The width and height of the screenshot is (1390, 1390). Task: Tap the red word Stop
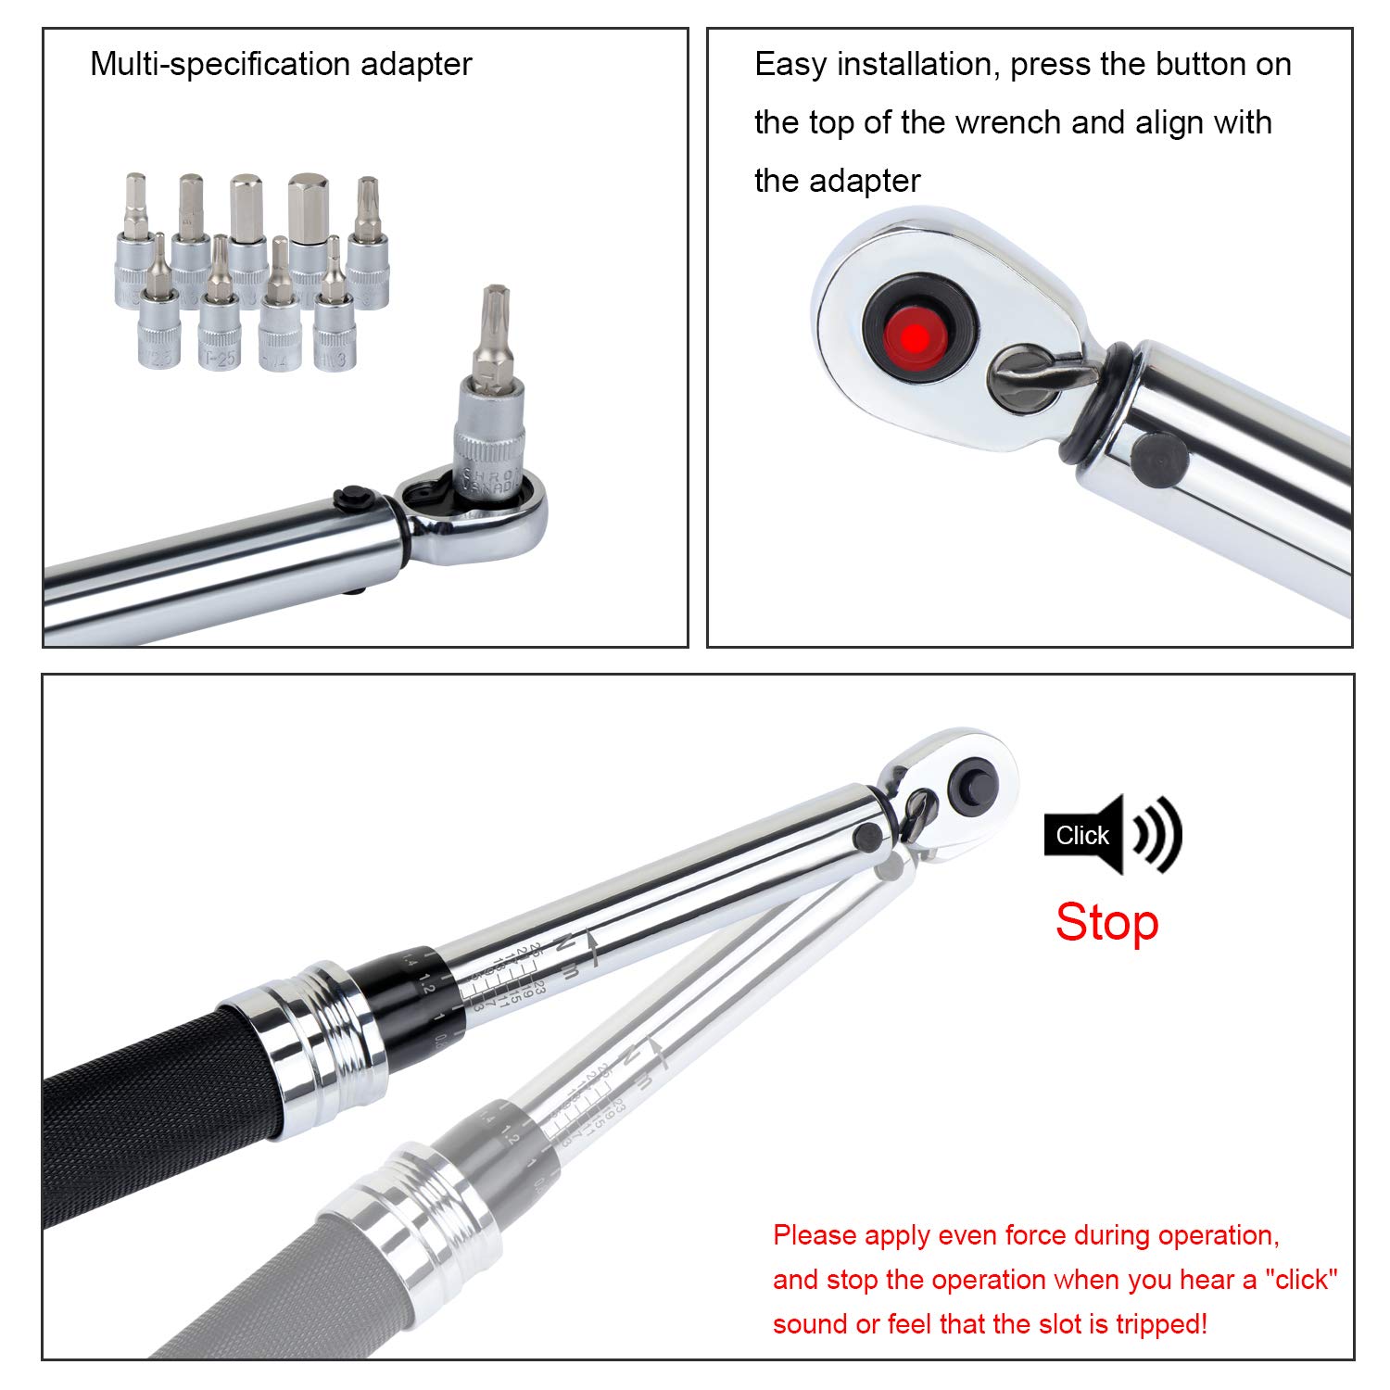[1106, 923]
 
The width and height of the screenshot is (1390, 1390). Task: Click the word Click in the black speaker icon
[1081, 836]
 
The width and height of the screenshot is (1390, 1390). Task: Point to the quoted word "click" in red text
[1301, 1280]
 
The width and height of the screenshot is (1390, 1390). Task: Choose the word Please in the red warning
[815, 1236]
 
